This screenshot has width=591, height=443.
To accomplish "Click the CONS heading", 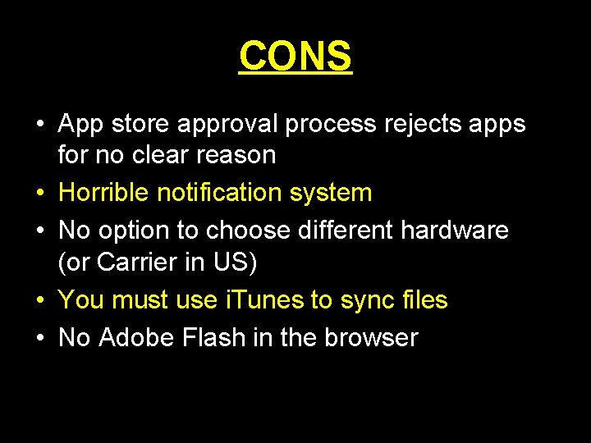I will pyautogui.click(x=295, y=56).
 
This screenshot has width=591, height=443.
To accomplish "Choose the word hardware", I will pyautogui.click(x=455, y=231).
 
